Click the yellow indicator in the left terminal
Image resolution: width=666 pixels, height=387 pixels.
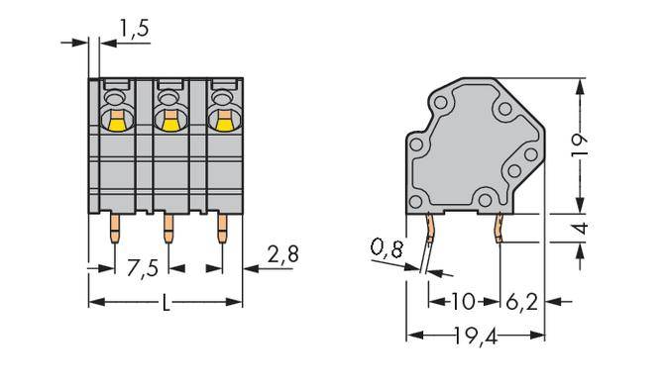(x=115, y=122)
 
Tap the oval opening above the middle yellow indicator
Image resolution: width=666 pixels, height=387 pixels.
(x=167, y=100)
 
